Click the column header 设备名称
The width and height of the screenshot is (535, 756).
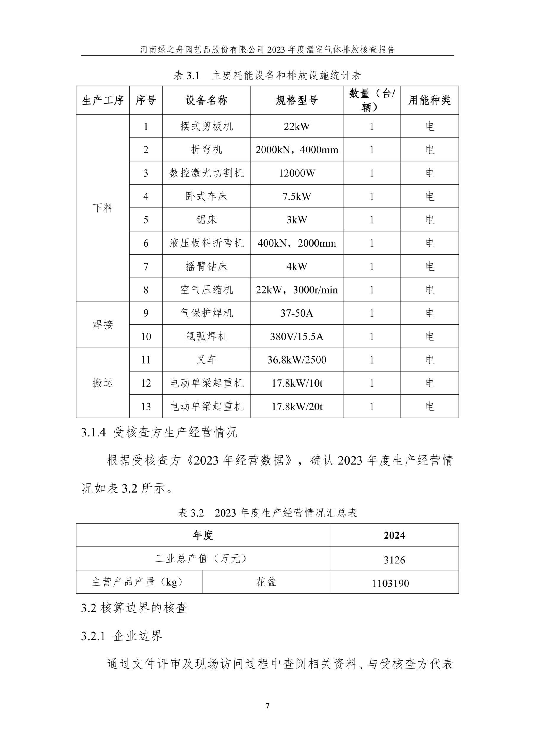pos(206,100)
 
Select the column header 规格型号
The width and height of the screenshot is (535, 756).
pos(297,100)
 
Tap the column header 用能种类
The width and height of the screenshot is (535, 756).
pos(429,100)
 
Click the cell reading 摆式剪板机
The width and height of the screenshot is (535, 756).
pos(206,126)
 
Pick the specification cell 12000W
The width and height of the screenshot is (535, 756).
pos(297,173)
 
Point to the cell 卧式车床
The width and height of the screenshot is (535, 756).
pos(206,196)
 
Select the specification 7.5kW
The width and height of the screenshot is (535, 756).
pos(297,196)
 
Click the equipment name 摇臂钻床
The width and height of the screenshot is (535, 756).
pos(206,266)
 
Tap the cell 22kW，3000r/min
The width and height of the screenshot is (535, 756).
pos(297,290)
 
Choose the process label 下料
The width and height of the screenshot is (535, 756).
pos(103,208)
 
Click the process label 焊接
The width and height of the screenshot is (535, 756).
pos(103,324)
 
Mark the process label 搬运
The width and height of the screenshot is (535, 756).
pos(103,383)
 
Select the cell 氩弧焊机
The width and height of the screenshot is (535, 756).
pos(206,336)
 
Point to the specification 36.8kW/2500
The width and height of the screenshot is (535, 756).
pos(297,360)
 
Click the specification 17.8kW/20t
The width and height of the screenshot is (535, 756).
pos(297,406)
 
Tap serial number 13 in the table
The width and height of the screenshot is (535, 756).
pos(146,406)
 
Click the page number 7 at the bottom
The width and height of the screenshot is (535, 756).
pos(267,706)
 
